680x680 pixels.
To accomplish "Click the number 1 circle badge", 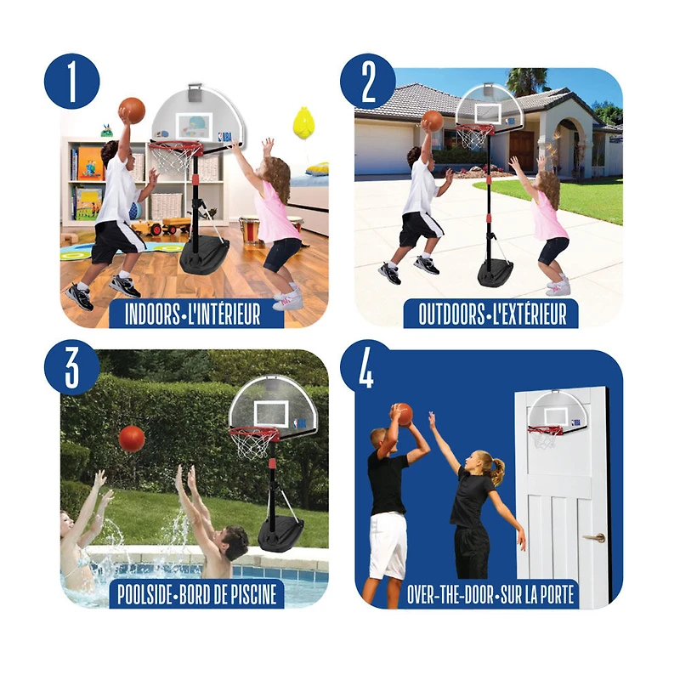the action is click(72, 81).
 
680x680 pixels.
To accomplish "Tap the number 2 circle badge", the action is click(368, 81).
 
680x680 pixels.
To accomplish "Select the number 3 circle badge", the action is click(72, 367).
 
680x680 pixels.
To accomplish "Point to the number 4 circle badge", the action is click(368, 367).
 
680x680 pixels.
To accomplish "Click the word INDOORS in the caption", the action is click(152, 314).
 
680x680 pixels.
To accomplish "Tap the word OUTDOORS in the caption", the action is click(451, 314).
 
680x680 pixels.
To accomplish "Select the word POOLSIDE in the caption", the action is click(145, 594).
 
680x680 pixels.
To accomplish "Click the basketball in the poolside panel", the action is click(132, 439).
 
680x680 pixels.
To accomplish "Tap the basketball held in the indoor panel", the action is click(132, 110).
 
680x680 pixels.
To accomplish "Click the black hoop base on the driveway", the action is click(496, 272).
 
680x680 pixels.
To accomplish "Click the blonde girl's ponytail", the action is click(497, 470).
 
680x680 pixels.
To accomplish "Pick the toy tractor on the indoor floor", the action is click(161, 226).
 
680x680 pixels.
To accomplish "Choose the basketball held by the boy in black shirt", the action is click(403, 415).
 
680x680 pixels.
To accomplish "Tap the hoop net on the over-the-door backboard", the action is click(542, 440).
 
